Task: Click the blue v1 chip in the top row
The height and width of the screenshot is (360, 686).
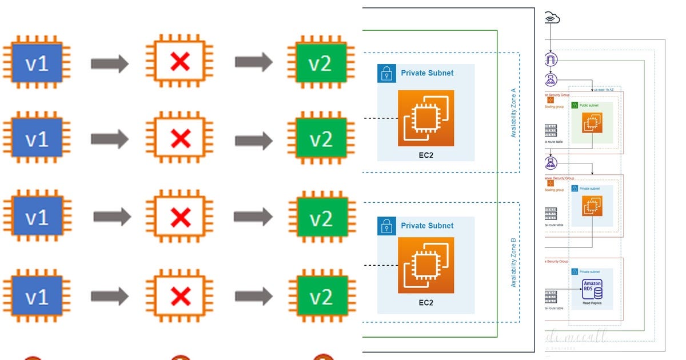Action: tap(37, 64)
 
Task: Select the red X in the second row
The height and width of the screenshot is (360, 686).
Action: tap(181, 138)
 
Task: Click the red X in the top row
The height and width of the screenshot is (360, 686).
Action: tap(180, 62)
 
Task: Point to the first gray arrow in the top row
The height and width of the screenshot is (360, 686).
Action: tap(110, 63)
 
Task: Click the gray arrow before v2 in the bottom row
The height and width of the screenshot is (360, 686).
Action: tap(253, 295)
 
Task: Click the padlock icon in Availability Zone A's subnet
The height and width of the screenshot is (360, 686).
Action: tap(386, 73)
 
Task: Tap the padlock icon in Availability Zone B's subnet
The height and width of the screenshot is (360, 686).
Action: tap(386, 226)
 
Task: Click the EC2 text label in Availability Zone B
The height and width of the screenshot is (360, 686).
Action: tap(425, 302)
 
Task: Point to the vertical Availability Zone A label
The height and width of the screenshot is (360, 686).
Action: tap(513, 112)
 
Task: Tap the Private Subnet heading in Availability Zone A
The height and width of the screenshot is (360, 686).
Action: tap(427, 73)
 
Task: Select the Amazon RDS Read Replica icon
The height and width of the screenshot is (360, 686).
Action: tap(592, 290)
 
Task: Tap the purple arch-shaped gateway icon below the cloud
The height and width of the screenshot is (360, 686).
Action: tap(551, 60)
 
